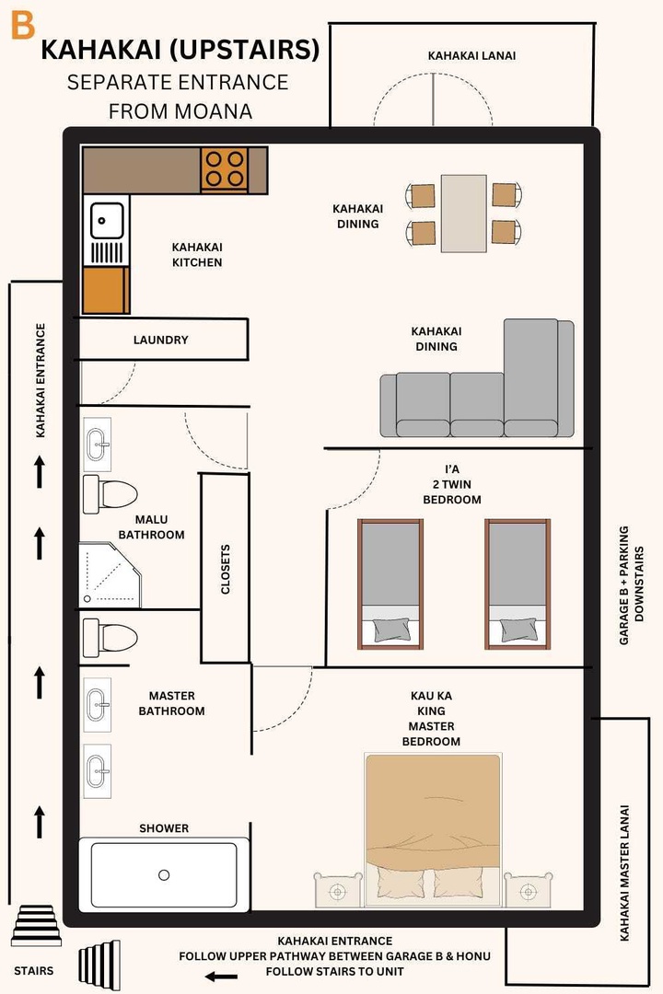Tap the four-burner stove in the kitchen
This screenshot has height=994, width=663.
(x=225, y=169)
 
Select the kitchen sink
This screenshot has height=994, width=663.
(x=107, y=220)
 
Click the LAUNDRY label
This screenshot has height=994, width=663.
(x=160, y=340)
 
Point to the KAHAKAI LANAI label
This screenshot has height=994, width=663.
(x=471, y=56)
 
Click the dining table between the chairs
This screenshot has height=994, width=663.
(x=464, y=213)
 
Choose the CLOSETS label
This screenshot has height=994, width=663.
(x=226, y=570)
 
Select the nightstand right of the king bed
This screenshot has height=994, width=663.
(x=527, y=891)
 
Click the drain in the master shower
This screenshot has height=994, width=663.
(x=164, y=874)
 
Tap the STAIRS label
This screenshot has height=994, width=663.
(x=33, y=970)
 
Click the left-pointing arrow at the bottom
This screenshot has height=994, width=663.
(x=221, y=977)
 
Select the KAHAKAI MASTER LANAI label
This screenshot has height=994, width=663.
(x=625, y=873)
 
